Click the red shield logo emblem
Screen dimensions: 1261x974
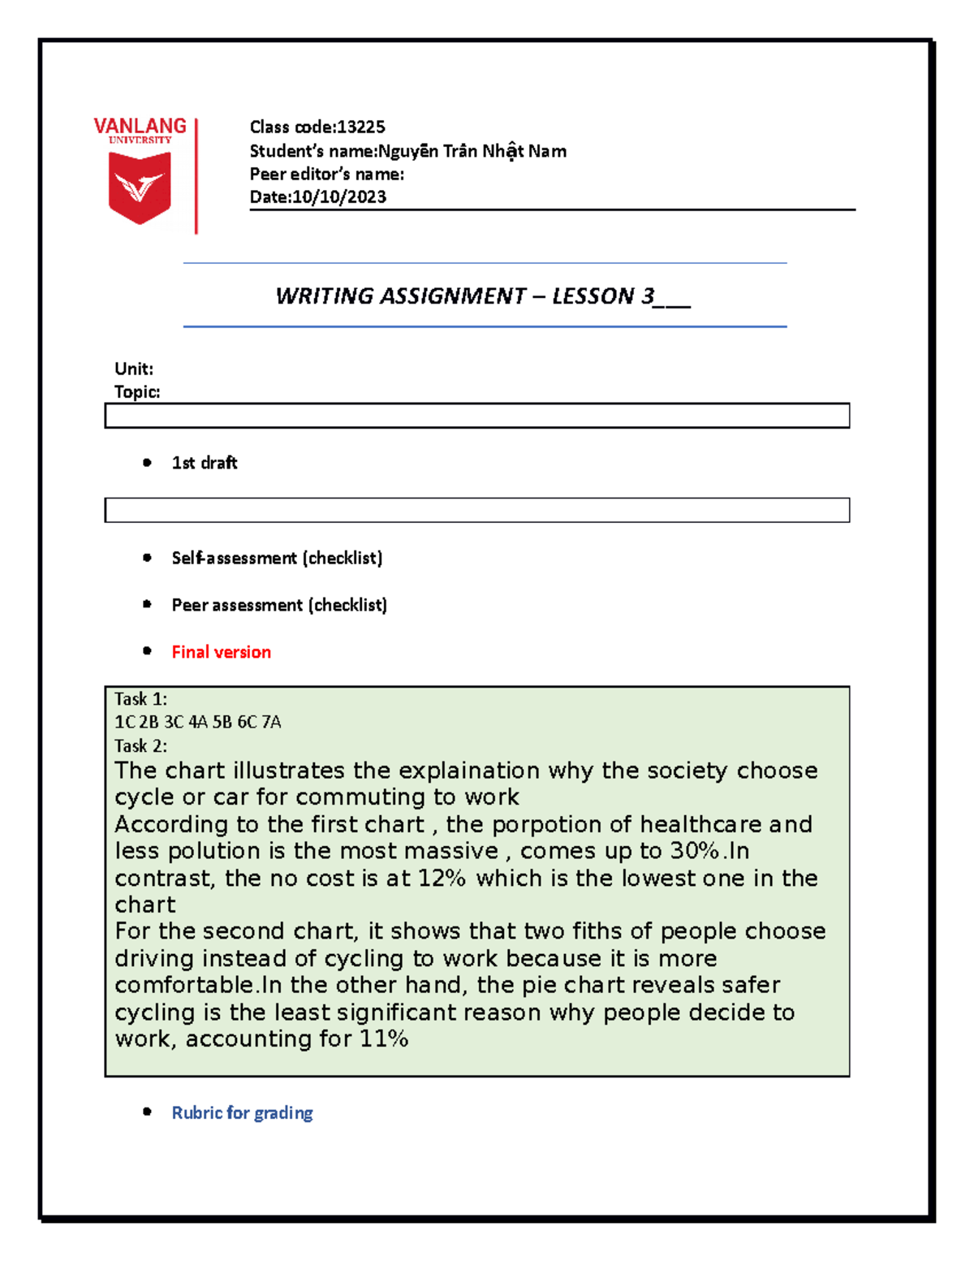click(140, 188)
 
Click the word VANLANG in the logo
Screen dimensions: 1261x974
click(140, 126)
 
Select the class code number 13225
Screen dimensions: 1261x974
click(361, 127)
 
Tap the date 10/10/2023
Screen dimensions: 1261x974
click(339, 196)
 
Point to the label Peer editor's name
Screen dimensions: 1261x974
click(325, 174)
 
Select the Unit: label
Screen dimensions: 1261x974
click(134, 369)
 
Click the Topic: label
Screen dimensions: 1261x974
click(137, 391)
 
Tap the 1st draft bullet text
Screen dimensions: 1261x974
click(205, 463)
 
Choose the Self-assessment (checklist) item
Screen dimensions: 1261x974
click(277, 558)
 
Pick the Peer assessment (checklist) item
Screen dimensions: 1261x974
click(279, 605)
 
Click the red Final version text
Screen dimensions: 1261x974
click(221, 652)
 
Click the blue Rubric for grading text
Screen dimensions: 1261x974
click(242, 1112)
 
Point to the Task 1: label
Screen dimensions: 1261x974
click(140, 699)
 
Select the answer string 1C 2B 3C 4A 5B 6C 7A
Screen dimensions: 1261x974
click(198, 722)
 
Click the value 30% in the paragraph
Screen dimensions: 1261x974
click(695, 851)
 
